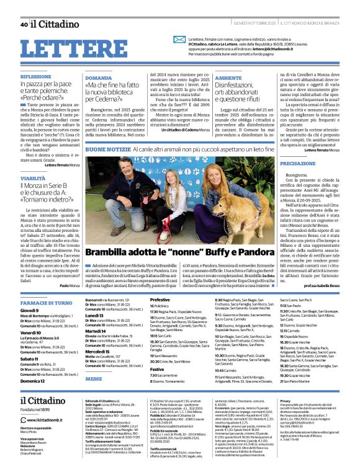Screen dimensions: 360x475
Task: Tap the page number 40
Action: [23, 25]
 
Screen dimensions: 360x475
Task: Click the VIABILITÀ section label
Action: [32, 178]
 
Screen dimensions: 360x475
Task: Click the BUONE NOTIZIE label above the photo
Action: [108, 150]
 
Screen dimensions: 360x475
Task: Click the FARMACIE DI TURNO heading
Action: [47, 302]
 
